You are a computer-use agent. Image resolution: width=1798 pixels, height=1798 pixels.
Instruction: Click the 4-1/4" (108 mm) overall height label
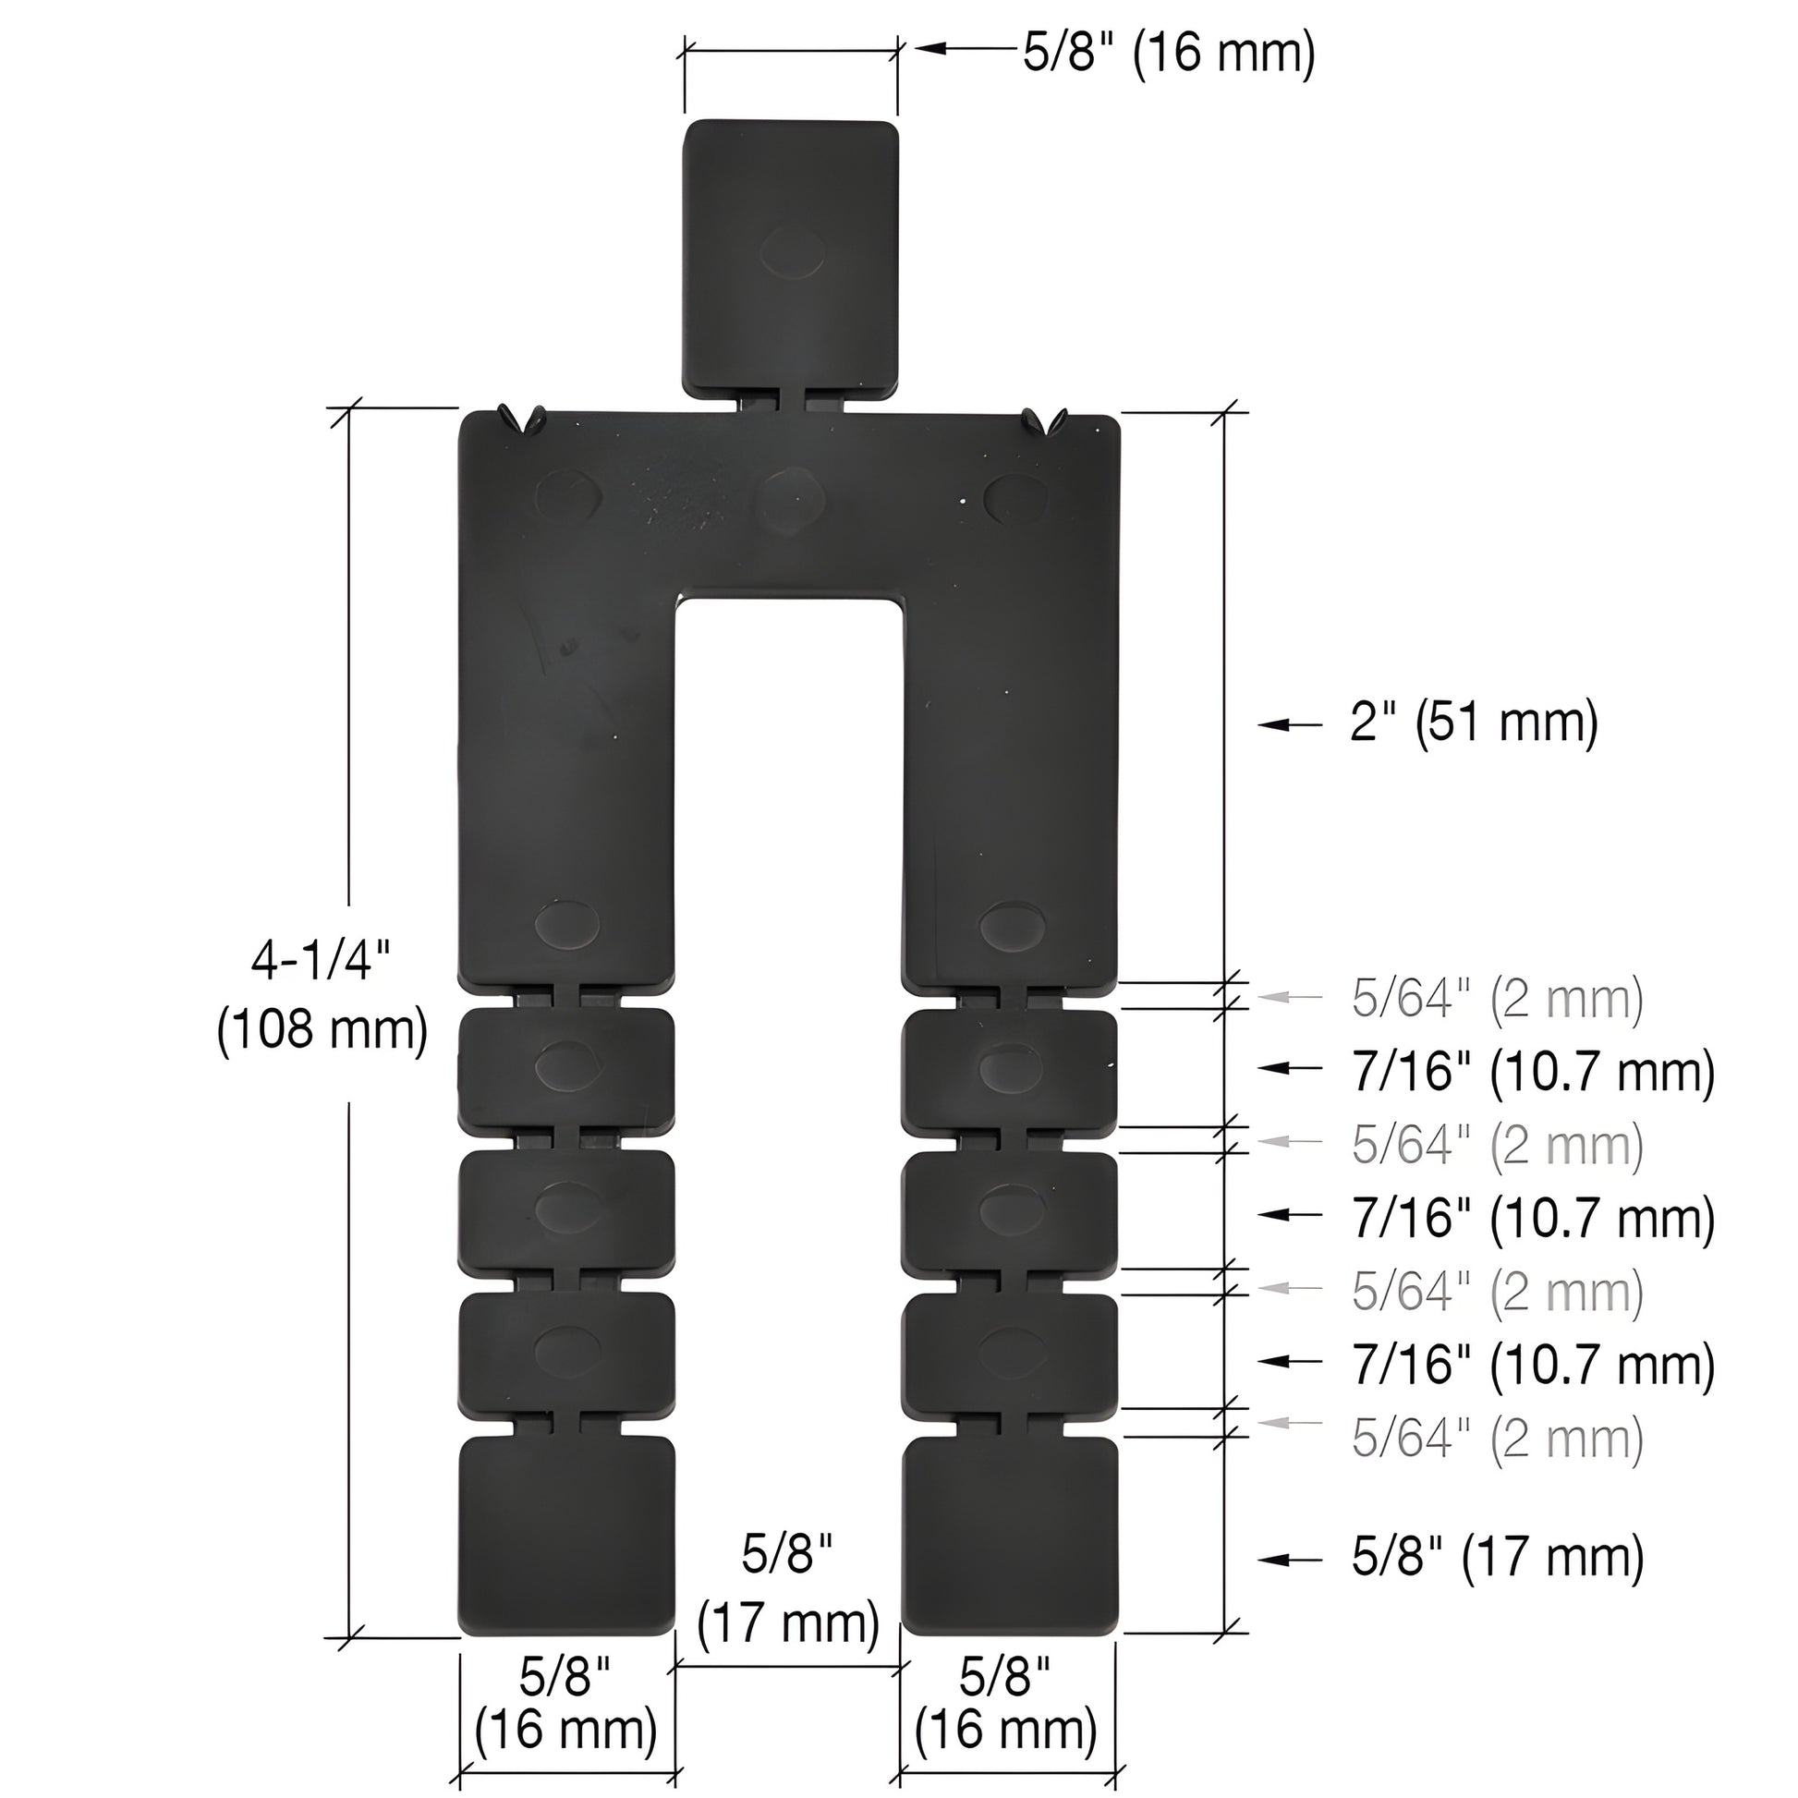click(x=323, y=997)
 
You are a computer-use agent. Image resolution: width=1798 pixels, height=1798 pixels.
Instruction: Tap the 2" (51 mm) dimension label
click(x=1474, y=723)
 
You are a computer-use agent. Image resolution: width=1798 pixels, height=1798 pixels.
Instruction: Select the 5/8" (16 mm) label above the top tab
click(x=1169, y=52)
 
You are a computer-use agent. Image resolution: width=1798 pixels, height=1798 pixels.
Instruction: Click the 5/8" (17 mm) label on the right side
click(x=1498, y=1558)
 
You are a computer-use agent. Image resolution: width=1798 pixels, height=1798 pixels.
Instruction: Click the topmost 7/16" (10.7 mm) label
click(x=1533, y=1071)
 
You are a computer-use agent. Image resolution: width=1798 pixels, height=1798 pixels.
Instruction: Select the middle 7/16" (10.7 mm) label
click(x=1533, y=1217)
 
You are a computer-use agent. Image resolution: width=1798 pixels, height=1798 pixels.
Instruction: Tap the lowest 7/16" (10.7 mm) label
click(x=1533, y=1364)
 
